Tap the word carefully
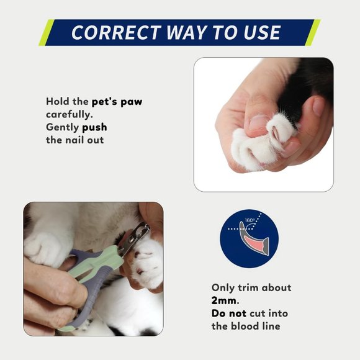tap(69, 114)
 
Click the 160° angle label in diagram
tap(250, 220)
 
